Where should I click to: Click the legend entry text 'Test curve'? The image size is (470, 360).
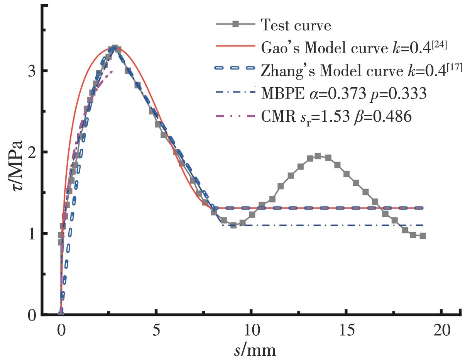click(296, 25)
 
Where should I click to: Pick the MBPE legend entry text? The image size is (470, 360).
click(343, 93)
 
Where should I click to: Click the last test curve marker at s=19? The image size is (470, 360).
click(423, 236)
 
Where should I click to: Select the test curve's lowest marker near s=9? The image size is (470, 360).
click(233, 225)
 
